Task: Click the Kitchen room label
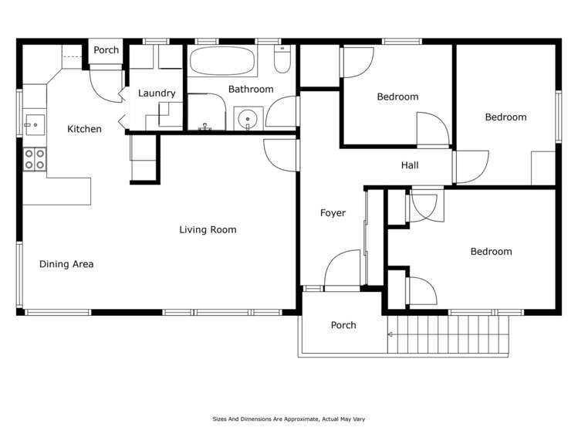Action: click(x=84, y=129)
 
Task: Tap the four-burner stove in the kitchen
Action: click(x=34, y=159)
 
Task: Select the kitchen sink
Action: click(x=34, y=124)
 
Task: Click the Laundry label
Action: click(x=157, y=93)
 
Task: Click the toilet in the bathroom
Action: click(x=282, y=59)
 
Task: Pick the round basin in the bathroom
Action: click(x=248, y=119)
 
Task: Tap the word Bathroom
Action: click(x=250, y=90)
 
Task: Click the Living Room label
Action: click(x=208, y=229)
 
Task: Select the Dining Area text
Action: click(x=66, y=264)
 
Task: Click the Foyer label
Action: click(x=333, y=213)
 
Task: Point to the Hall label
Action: click(x=410, y=165)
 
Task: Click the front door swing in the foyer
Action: click(x=342, y=270)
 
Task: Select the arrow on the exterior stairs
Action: click(x=391, y=334)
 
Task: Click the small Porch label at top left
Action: click(x=106, y=50)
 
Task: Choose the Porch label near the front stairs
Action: click(x=343, y=325)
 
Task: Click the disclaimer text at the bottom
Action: click(x=289, y=419)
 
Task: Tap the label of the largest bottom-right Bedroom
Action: click(x=491, y=252)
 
